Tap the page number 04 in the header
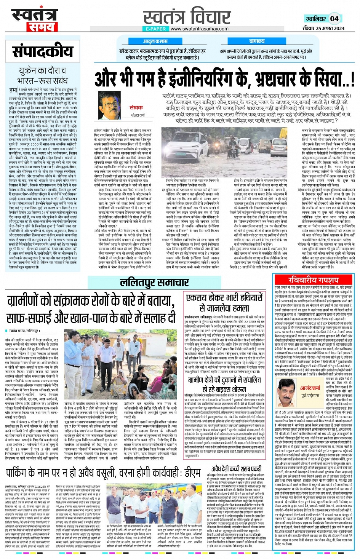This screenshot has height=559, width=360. pyautogui.click(x=334, y=19)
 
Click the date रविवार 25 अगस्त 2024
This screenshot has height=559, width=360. pyautogui.click(x=323, y=29)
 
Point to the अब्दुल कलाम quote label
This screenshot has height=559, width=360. pyautogui.click(x=155, y=41)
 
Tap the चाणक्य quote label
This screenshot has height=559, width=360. pyautogui.click(x=257, y=41)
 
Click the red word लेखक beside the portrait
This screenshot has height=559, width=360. pyautogui.click(x=136, y=108)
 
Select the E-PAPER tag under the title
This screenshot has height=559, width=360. pyautogui.click(x=156, y=29)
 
